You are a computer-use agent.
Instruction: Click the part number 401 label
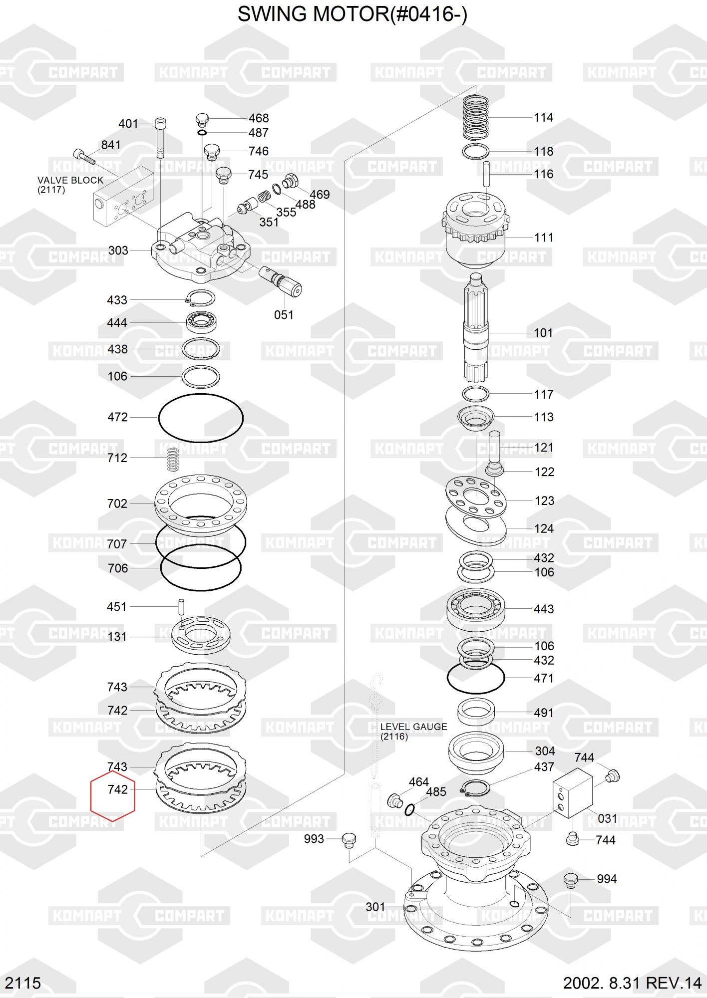pyautogui.click(x=128, y=123)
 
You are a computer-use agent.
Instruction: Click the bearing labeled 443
pyautogui.click(x=476, y=609)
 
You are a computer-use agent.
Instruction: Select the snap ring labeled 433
pyautogui.click(x=200, y=298)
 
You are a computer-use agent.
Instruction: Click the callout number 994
pyautogui.click(x=607, y=879)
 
